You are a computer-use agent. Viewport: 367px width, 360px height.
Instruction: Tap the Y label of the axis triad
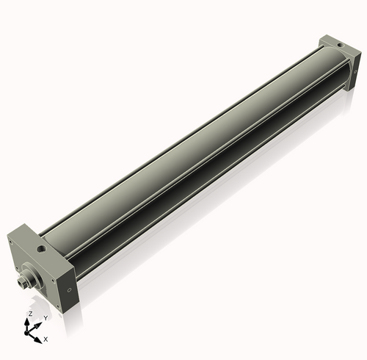point(46,318)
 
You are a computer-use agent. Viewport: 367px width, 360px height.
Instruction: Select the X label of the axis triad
point(46,339)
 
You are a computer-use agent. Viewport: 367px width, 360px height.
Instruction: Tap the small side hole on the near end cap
point(70,289)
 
